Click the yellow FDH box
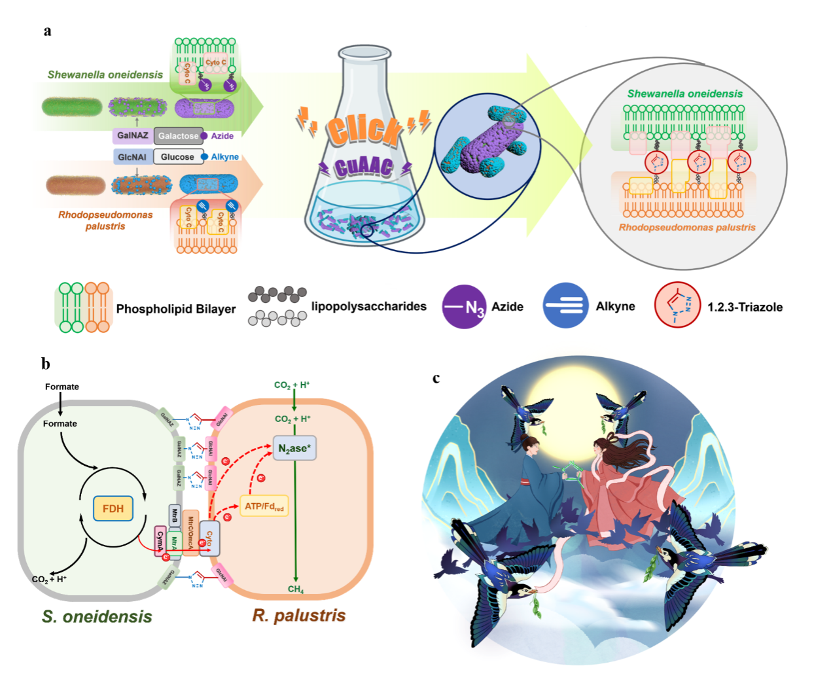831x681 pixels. (113, 508)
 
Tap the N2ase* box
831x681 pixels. (294, 448)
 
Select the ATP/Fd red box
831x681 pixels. (264, 506)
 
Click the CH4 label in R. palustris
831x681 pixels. (296, 589)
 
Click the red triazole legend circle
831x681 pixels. (677, 305)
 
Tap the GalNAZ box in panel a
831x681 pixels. (133, 135)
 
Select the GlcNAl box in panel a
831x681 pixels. (132, 157)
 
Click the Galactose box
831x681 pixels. (178, 136)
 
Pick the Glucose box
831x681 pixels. (177, 157)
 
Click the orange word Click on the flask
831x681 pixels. (364, 129)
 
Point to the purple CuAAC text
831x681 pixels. (364, 166)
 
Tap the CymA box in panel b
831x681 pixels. (160, 541)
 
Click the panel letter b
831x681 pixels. (45, 364)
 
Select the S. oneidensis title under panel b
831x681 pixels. (97, 616)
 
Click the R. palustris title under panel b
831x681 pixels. (299, 616)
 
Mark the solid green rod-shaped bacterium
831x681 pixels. (72, 107)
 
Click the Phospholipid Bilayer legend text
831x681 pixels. (175, 309)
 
